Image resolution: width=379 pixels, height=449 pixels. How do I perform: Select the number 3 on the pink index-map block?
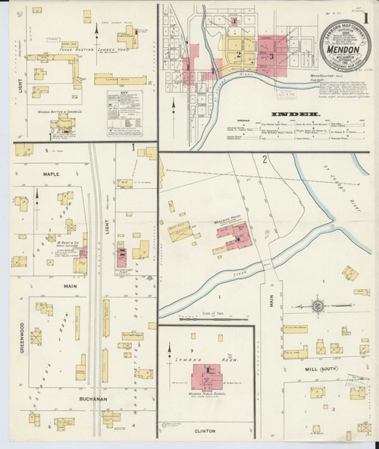[270, 55]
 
